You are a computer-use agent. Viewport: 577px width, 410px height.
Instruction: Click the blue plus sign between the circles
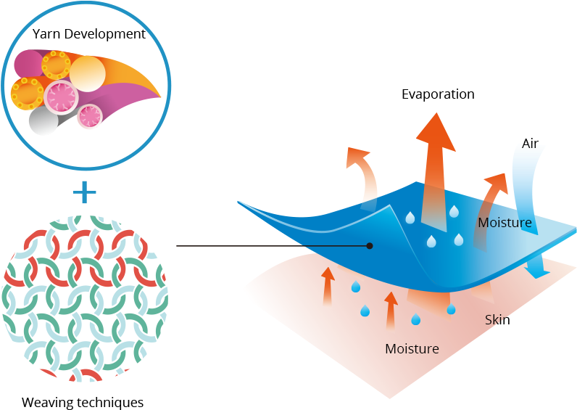click(x=85, y=192)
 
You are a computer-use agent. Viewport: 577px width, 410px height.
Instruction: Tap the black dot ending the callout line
click(x=370, y=246)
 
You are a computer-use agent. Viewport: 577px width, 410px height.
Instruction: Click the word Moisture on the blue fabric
click(x=505, y=223)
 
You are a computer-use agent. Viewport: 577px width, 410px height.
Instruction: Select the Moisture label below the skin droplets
click(x=412, y=349)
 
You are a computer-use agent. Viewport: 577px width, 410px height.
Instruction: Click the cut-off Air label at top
click(x=530, y=145)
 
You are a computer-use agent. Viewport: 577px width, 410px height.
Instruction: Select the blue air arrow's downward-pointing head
click(x=537, y=270)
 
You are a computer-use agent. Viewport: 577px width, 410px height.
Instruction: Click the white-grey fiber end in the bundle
click(x=43, y=121)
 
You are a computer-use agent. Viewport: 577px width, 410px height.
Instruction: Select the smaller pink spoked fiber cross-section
click(x=90, y=115)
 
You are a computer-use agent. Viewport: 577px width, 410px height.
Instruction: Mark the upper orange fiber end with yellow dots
click(x=56, y=65)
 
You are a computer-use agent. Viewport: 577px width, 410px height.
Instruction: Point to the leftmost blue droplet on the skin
click(x=356, y=287)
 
